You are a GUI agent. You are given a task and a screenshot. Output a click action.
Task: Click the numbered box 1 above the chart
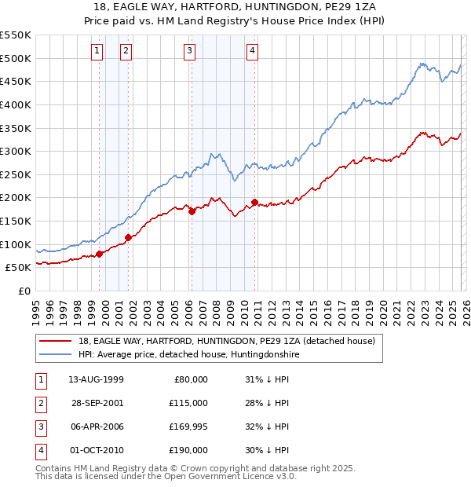tap(97, 52)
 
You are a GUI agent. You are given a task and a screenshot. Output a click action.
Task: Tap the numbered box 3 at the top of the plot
tap(190, 52)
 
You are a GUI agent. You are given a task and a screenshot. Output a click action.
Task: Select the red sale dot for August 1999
tap(100, 253)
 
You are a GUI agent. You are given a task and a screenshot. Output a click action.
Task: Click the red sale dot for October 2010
tap(255, 203)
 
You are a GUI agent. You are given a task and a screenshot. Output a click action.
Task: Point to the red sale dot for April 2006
tap(192, 211)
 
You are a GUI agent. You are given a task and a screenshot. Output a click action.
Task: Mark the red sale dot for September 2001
tap(129, 236)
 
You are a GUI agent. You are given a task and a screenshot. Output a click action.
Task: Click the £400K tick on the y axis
tap(16, 104)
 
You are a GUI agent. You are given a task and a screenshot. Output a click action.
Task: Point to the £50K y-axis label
tap(18, 267)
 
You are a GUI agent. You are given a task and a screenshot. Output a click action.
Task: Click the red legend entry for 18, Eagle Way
tap(227, 341)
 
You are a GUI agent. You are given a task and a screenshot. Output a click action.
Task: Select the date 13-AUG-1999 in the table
tap(96, 379)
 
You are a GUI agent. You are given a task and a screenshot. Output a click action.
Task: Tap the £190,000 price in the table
tap(188, 451)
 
